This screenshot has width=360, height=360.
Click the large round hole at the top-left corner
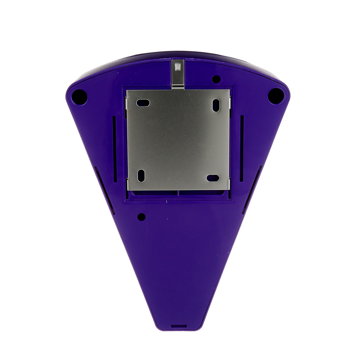(x=80, y=97)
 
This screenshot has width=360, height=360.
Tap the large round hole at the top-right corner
(x=276, y=96)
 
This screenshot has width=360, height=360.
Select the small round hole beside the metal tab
(x=216, y=79)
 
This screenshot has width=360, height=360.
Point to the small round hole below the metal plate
(x=141, y=217)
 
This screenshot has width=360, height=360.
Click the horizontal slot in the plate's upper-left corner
(x=143, y=103)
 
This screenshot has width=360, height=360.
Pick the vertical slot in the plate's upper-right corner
(x=216, y=105)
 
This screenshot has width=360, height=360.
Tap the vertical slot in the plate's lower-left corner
(x=141, y=175)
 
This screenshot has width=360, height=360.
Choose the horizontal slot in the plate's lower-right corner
(x=213, y=178)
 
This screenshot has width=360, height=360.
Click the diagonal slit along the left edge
(x=104, y=190)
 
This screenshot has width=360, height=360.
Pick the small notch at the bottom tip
(x=179, y=326)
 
